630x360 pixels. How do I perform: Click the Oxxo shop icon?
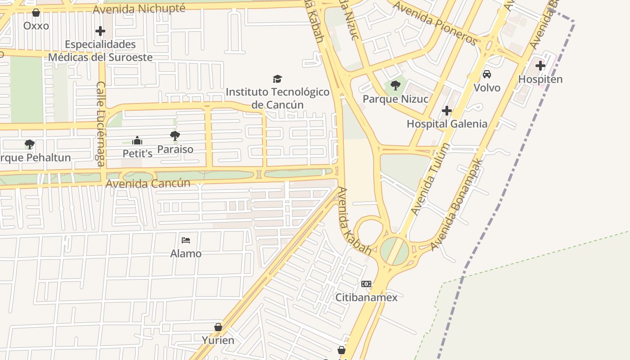[x=36, y=13]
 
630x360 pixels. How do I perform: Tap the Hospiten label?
[x=540, y=79]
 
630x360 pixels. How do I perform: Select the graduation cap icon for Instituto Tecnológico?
[x=277, y=79]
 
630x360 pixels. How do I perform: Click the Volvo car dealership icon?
[x=487, y=74]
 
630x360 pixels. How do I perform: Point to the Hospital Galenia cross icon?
[x=447, y=111]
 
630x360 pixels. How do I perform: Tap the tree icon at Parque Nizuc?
[x=396, y=85]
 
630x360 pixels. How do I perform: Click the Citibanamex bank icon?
[x=366, y=284]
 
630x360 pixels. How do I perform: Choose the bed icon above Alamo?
[x=186, y=240]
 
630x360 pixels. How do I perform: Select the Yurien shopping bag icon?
[x=218, y=327]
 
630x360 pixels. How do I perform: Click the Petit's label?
[x=138, y=153]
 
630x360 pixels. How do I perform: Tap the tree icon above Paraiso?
[x=175, y=136]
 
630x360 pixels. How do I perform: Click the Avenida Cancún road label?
[x=148, y=184]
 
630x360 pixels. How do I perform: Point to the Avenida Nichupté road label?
[x=139, y=9]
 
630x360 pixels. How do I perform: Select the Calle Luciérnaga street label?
[x=101, y=124]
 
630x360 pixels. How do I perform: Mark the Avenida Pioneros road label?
[x=435, y=23]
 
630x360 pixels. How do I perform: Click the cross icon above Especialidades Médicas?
[x=100, y=31]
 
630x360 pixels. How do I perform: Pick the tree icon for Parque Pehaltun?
[x=30, y=144]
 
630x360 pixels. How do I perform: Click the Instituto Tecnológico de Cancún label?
[x=277, y=98]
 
